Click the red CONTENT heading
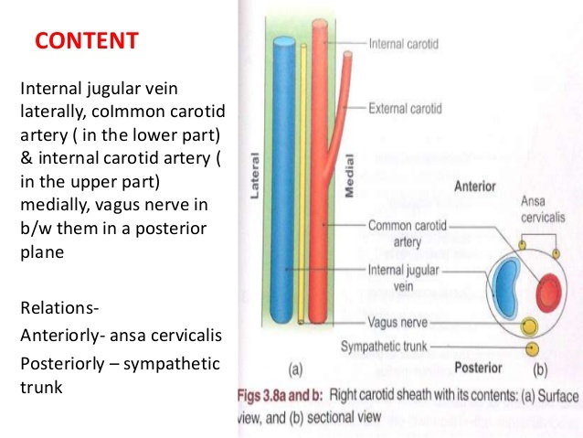tap(87, 41)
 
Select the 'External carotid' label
tap(406, 108)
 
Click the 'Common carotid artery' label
tap(408, 230)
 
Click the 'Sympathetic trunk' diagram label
tap(384, 347)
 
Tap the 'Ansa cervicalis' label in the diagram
tap(546, 209)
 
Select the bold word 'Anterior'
tap(475, 187)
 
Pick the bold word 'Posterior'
tap(478, 369)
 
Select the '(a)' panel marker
tap(295, 370)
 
